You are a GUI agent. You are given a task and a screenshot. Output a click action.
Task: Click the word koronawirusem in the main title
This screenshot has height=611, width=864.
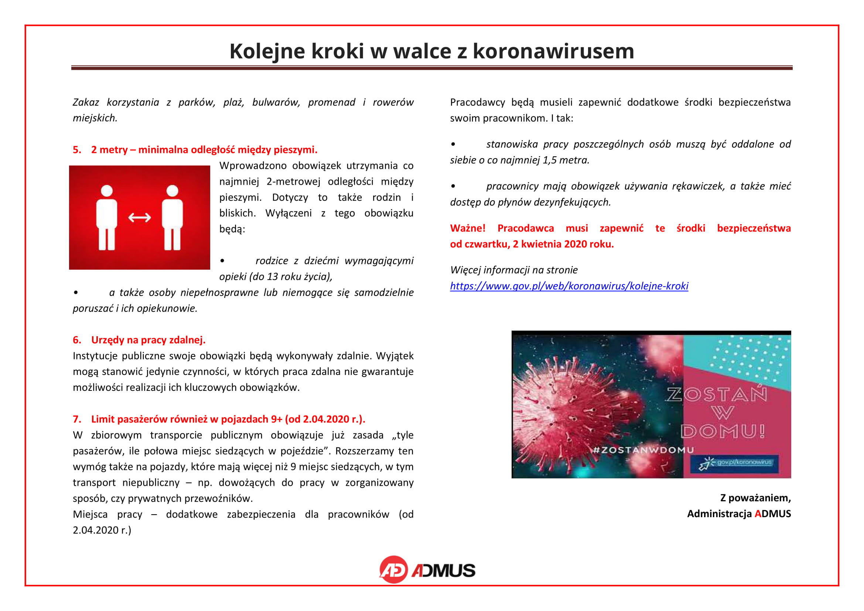tap(553, 51)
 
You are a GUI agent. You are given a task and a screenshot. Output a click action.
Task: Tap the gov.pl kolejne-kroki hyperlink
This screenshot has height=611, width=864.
tap(569, 286)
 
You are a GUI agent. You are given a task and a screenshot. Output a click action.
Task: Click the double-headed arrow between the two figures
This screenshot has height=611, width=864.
tap(140, 218)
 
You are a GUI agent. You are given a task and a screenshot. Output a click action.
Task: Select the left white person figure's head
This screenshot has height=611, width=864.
tap(107, 191)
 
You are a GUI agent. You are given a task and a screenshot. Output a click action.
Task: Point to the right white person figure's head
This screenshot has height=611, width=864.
tap(173, 191)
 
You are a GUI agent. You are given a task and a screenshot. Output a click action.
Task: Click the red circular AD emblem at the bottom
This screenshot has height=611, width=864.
tap(393, 570)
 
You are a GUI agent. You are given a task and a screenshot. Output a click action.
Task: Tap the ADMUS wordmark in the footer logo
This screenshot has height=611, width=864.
tap(444, 571)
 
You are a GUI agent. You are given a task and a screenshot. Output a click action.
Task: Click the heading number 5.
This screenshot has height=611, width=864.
tap(77, 150)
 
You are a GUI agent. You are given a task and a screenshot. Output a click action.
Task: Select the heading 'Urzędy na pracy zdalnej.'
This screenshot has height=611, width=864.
tap(148, 340)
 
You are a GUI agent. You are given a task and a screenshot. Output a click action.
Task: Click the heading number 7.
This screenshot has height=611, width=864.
tap(77, 419)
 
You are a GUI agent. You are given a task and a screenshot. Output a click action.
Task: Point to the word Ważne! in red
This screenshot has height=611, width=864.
tap(467, 228)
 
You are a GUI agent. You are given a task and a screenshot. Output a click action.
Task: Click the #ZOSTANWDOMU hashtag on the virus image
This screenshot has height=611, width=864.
tap(643, 450)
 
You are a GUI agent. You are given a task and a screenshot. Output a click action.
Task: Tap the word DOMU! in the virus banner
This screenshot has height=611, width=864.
tap(723, 431)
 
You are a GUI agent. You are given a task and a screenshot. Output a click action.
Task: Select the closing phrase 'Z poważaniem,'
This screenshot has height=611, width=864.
tap(755, 498)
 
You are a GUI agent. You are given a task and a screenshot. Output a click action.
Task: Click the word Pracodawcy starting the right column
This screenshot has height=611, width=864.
tap(477, 102)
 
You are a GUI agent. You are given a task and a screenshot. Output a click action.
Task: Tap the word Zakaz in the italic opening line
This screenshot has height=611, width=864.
tap(86, 102)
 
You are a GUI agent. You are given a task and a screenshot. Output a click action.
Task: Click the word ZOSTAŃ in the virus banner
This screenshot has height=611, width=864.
tap(717, 394)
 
